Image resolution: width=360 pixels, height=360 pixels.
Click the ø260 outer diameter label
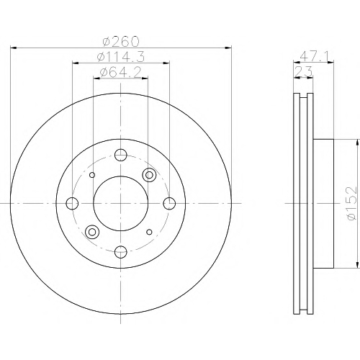121,41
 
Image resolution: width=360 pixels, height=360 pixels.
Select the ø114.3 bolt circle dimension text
121,57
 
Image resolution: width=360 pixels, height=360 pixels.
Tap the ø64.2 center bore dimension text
120,72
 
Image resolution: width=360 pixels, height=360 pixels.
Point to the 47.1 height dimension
314,57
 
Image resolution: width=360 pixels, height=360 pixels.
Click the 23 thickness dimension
304,71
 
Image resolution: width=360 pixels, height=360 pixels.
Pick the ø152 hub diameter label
352,203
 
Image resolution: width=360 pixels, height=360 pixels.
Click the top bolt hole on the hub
121,155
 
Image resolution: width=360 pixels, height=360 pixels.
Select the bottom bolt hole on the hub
121,252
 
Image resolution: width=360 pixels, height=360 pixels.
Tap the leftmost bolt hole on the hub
72,203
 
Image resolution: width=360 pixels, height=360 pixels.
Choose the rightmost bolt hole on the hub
169,203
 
